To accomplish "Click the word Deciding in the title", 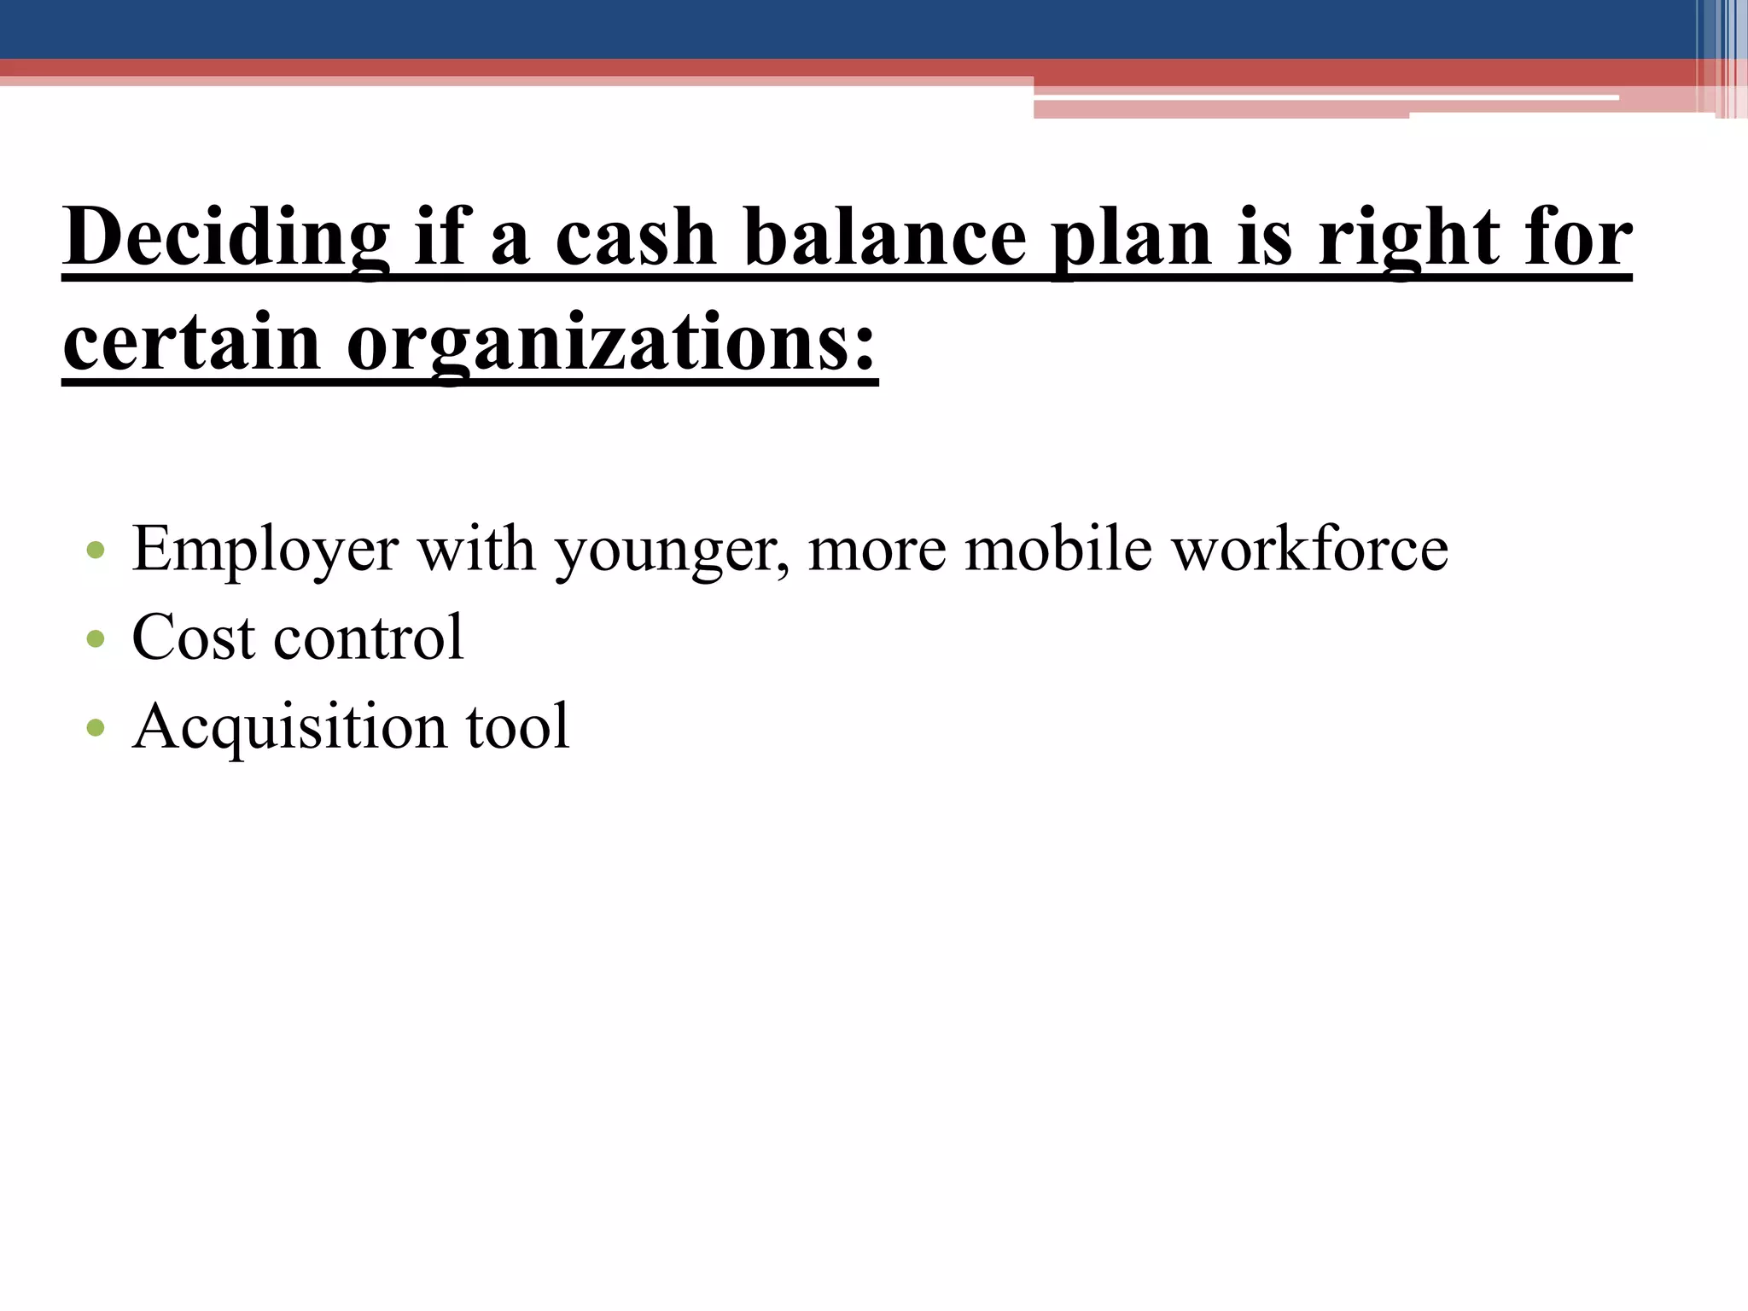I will [225, 237].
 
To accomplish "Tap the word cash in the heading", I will [635, 237].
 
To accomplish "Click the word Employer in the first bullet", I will [265, 550].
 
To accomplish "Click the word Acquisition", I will [290, 727].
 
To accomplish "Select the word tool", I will [517, 726].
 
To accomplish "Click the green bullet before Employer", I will [96, 550].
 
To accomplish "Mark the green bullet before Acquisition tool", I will [96, 728].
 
